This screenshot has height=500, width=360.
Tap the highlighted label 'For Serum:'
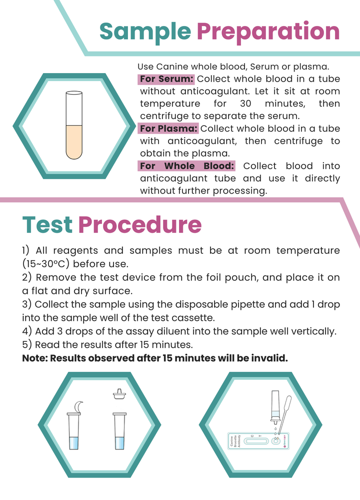click(166, 79)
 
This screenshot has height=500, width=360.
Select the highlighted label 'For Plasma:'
click(169, 129)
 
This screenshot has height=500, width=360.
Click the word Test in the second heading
click(47, 225)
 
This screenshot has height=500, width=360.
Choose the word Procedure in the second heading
click(140, 225)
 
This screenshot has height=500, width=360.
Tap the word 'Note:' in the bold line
click(35, 358)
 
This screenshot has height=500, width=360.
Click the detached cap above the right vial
click(119, 395)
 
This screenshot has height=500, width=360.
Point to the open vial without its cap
click(119, 431)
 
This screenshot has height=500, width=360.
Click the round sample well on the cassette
click(276, 441)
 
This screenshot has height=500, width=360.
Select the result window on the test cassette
click(257, 441)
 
